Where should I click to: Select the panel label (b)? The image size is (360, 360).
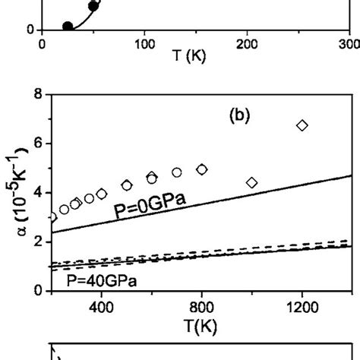(x=244, y=117)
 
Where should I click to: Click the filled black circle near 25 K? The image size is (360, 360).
(x=68, y=27)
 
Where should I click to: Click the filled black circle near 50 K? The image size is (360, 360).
(x=93, y=6)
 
